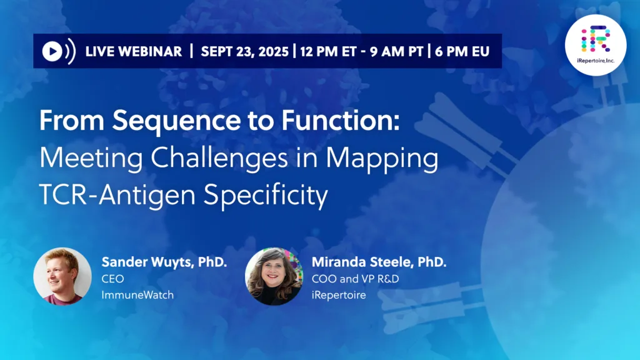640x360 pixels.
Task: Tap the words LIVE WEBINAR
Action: tap(134, 52)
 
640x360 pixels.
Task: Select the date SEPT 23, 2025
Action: tap(244, 52)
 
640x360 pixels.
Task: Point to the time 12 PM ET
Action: tap(328, 52)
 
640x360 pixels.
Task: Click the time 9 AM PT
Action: tap(396, 52)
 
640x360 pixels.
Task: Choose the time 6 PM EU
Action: tap(462, 52)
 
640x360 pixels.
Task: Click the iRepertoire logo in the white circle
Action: tap(596, 45)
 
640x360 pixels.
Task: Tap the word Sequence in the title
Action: tap(176, 121)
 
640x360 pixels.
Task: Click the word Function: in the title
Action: tap(341, 121)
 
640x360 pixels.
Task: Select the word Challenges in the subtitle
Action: tap(219, 158)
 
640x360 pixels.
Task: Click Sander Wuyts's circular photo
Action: tap(62, 276)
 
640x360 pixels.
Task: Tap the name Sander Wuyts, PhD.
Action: tap(164, 262)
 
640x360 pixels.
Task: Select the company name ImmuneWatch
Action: tap(137, 295)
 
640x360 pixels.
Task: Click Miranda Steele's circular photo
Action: tap(274, 276)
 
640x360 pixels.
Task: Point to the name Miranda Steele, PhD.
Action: tap(379, 262)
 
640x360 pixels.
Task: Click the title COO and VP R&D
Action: tap(356, 279)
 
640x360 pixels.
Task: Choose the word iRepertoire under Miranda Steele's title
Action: tap(339, 296)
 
